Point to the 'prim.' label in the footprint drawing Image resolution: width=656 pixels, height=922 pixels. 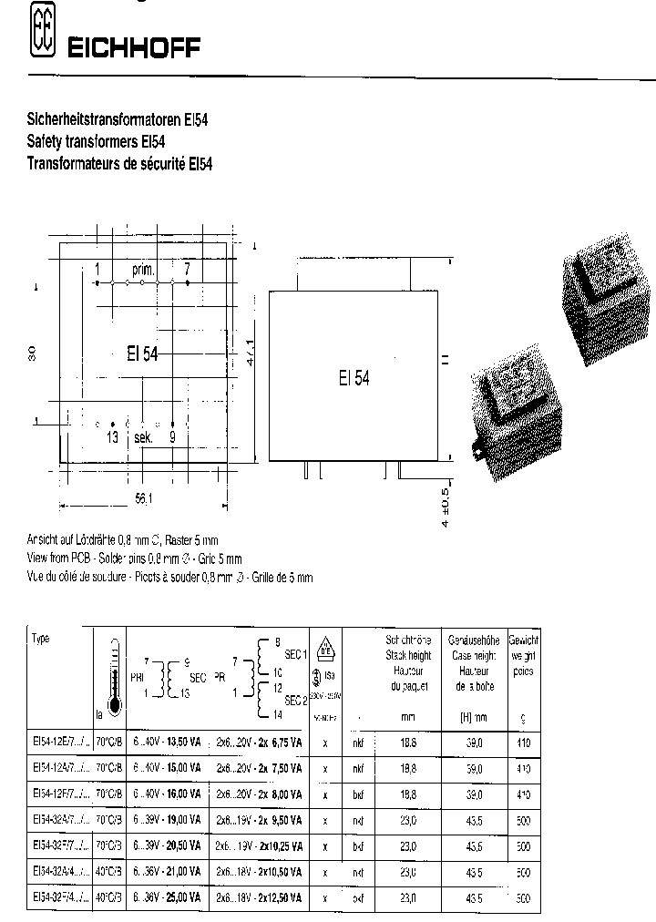point(144,270)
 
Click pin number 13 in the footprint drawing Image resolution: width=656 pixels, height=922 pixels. point(112,438)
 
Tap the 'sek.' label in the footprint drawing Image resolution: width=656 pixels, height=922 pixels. point(142,438)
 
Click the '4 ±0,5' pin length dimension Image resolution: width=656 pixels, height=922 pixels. point(446,507)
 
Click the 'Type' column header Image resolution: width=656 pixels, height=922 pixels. point(41,639)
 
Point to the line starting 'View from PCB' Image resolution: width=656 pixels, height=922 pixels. point(137,558)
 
